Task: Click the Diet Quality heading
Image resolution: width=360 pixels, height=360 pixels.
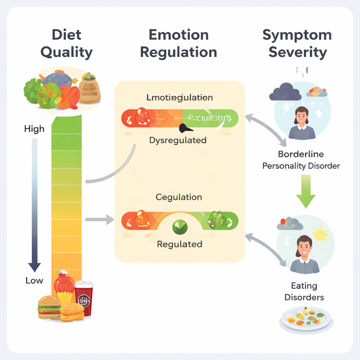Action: [x=66, y=44]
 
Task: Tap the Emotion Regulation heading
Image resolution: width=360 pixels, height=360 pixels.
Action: [x=178, y=44]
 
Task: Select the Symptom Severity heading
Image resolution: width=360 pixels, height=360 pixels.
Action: [x=297, y=44]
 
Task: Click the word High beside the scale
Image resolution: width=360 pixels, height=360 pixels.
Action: [x=34, y=129]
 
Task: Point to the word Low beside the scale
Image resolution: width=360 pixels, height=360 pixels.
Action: [x=34, y=281]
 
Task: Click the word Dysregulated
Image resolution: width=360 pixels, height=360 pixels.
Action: [x=178, y=140]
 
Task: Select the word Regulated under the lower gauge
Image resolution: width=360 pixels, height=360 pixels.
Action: [x=179, y=244]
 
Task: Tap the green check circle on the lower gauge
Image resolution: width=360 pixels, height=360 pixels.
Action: [x=179, y=227]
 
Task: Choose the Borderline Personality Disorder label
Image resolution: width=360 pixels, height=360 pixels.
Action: [x=301, y=160]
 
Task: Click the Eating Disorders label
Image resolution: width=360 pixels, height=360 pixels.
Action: [x=304, y=291]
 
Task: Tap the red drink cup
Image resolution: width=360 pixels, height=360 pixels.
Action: [x=84, y=298]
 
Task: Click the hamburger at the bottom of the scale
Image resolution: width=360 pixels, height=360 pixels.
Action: [x=49, y=307]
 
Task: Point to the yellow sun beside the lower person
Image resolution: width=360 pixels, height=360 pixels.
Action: [x=320, y=234]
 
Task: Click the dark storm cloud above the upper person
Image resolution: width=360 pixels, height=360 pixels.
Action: [x=285, y=92]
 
